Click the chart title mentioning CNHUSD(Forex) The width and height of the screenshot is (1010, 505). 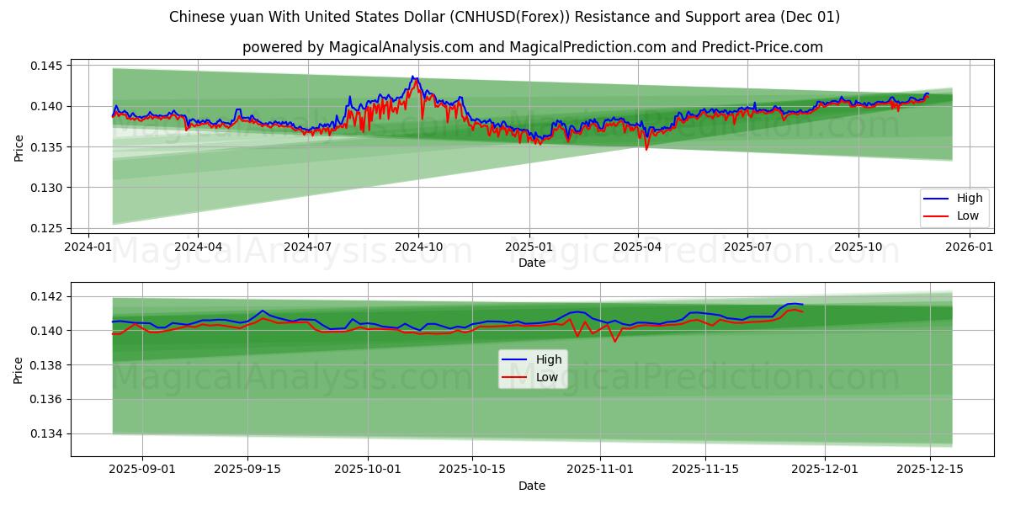[504, 17]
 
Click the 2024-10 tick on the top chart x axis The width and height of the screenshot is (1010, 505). [418, 247]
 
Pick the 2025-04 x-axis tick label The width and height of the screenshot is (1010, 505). [637, 247]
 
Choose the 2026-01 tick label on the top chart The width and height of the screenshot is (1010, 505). [970, 247]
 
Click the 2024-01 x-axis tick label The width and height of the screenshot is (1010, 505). [89, 247]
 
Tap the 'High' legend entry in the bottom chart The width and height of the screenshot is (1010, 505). [548, 359]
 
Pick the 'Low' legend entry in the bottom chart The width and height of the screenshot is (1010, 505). [547, 377]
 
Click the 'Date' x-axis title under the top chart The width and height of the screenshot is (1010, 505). [531, 263]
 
